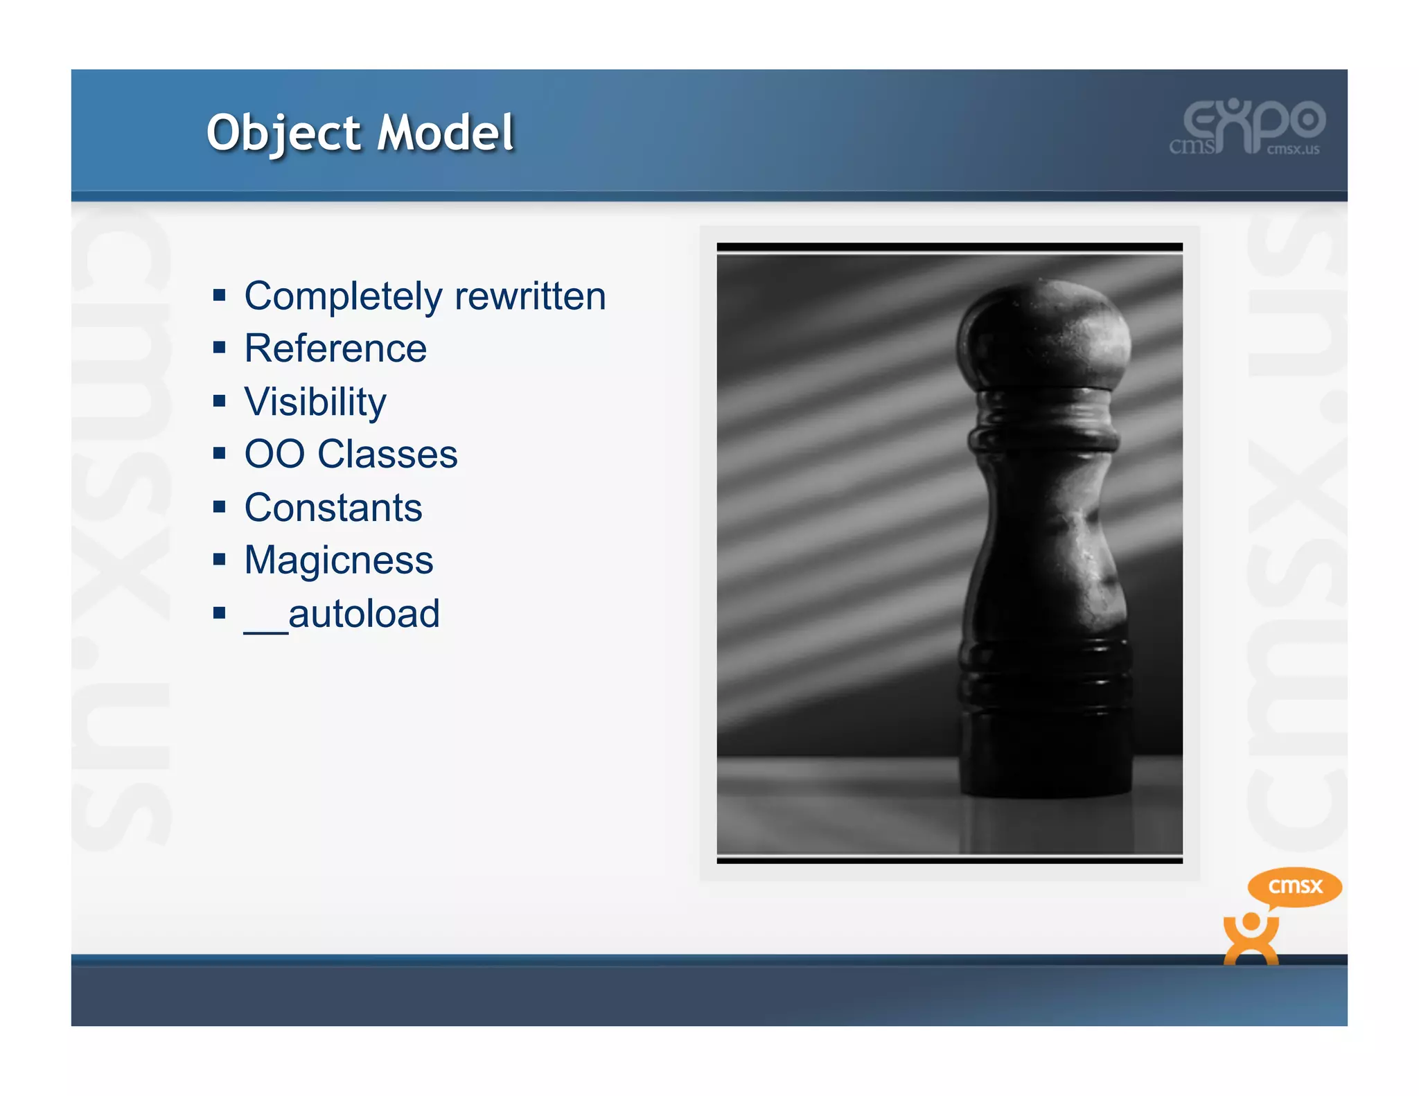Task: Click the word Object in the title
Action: point(284,133)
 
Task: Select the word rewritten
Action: point(530,297)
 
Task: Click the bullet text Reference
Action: point(335,348)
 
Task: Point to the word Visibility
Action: point(315,403)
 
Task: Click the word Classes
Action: point(387,454)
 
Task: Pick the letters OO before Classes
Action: point(274,454)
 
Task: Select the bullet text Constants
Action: point(333,508)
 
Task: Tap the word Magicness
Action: point(339,560)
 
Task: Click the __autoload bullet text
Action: point(342,614)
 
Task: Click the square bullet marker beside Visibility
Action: point(220,401)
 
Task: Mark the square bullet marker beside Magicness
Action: point(220,560)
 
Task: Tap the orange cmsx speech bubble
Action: point(1294,886)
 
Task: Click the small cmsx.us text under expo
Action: point(1293,149)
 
